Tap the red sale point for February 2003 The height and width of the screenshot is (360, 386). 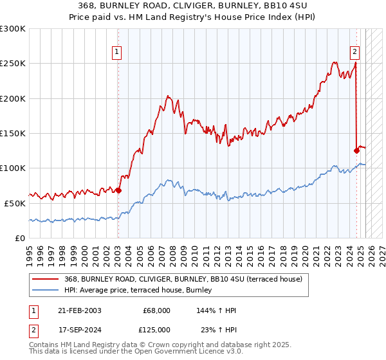(x=118, y=190)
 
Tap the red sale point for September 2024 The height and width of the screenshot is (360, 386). (x=356, y=150)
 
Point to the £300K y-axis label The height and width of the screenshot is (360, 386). (x=13, y=29)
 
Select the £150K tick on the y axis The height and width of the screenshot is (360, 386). (x=13, y=133)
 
